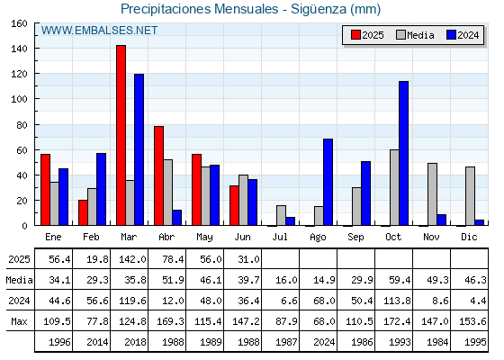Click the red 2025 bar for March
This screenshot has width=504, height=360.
click(121, 135)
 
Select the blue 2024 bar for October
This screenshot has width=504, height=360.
click(404, 153)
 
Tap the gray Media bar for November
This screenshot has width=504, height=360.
click(432, 194)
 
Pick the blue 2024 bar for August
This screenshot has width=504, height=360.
click(328, 182)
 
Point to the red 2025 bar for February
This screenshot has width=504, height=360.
click(83, 212)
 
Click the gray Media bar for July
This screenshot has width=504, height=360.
click(281, 215)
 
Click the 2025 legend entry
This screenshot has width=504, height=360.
click(367, 35)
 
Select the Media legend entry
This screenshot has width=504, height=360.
click(415, 35)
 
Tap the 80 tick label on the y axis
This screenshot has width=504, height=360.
click(22, 125)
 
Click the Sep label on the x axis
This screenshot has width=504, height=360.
click(355, 238)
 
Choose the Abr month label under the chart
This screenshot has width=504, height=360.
click(166, 238)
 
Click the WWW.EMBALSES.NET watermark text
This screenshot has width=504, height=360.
click(99, 31)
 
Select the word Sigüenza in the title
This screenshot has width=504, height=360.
click(319, 9)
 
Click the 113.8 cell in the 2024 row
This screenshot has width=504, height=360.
click(397, 301)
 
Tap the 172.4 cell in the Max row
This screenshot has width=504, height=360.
click(397, 321)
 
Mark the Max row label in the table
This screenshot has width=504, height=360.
click(19, 321)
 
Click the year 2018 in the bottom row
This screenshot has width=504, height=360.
click(135, 342)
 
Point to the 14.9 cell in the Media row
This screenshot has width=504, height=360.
click(324, 280)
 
